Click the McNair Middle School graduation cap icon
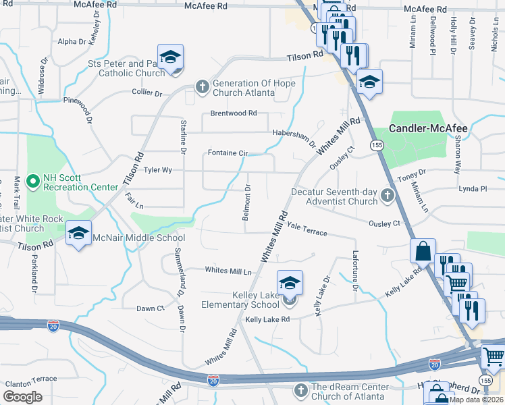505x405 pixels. pos(79,234)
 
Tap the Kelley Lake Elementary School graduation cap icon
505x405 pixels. pos(290,282)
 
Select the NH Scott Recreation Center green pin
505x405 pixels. pos(32,182)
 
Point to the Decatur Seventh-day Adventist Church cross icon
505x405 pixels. pos(387,196)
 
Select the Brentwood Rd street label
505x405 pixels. pos(234,113)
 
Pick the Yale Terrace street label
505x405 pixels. pos(307,230)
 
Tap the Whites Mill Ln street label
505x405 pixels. pos(228,271)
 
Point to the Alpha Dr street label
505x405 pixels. pos(72,41)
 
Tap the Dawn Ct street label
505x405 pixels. pos(150,308)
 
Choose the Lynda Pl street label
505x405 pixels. pos(473,189)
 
